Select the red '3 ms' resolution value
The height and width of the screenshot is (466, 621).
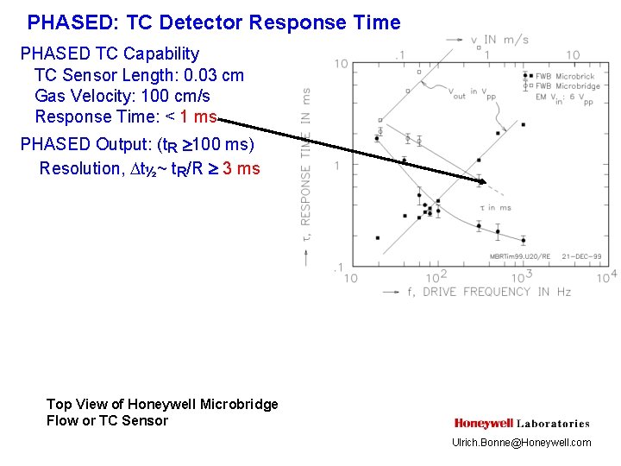pyautogui.click(x=241, y=168)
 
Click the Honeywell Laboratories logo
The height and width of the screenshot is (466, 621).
pyautogui.click(x=522, y=423)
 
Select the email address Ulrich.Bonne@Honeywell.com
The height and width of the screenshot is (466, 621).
pyautogui.click(x=522, y=443)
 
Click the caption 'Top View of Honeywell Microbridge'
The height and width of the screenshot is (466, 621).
pyautogui.click(x=162, y=404)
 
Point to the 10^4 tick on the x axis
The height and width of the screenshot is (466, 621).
pyautogui.click(x=606, y=276)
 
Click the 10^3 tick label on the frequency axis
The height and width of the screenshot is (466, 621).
pyautogui.click(x=522, y=276)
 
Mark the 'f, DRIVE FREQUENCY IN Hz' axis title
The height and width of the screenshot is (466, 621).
pyautogui.click(x=488, y=292)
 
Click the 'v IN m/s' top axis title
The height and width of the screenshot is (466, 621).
pyautogui.click(x=500, y=40)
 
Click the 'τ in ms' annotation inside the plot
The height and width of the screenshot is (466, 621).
pyautogui.click(x=495, y=207)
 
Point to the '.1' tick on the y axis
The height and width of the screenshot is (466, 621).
pyautogui.click(x=341, y=268)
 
